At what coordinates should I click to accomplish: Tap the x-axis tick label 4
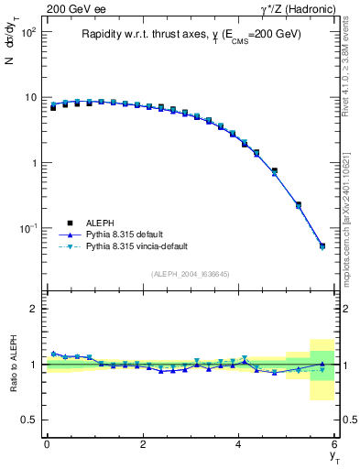tap(239, 444)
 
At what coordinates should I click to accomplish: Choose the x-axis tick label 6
tap(335, 444)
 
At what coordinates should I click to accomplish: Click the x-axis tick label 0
tap(47, 444)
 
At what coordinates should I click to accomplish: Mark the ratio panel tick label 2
tap(33, 309)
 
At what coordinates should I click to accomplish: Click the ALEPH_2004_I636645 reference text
tap(191, 274)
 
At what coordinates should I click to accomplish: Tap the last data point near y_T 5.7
tap(322, 245)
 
